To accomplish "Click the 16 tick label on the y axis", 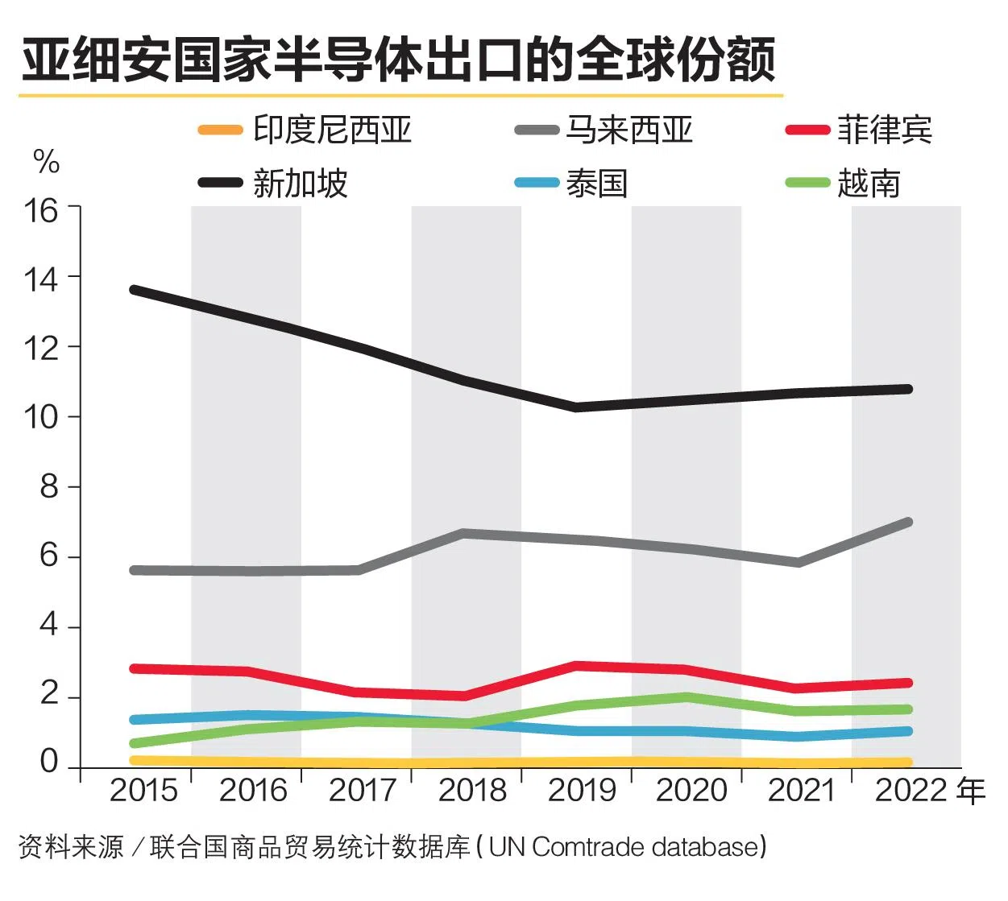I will pyautogui.click(x=41, y=211).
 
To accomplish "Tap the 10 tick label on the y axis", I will pyautogui.click(x=41, y=417).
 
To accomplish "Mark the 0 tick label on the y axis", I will pyautogui.click(x=49, y=761).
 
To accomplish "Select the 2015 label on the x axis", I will pyautogui.click(x=143, y=791).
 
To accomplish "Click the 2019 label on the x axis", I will pyautogui.click(x=582, y=791).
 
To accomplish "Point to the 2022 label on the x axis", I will pyautogui.click(x=911, y=791).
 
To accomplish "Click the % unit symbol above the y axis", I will pyautogui.click(x=46, y=162).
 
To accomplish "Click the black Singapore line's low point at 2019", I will pyautogui.click(x=577, y=407).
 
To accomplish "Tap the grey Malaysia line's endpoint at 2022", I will pyautogui.click(x=908, y=523).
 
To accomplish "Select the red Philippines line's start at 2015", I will pyautogui.click(x=134, y=668).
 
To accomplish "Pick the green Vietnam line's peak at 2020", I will pyautogui.click(x=687, y=697).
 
